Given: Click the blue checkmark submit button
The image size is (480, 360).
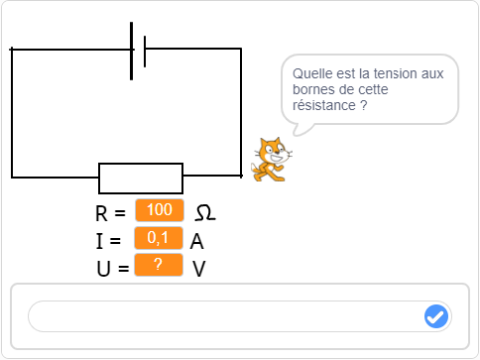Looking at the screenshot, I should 435,316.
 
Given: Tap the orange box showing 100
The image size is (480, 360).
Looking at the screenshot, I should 160,210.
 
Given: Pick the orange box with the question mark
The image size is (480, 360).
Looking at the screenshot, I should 159,265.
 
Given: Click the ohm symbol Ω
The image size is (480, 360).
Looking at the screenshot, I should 204,213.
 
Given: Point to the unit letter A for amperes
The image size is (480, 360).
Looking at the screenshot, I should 197,241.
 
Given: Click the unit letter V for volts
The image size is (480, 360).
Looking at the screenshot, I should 198,269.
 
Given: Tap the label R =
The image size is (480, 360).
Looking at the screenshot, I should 110,213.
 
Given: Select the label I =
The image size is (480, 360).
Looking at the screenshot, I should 108,241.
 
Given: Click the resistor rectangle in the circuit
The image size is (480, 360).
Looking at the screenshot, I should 141,179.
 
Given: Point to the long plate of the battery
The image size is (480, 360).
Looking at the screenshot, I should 132,51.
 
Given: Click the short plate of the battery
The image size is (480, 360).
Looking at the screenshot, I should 145,52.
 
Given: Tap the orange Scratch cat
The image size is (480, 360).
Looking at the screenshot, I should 270,160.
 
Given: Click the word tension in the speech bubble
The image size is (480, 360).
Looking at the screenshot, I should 392,73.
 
